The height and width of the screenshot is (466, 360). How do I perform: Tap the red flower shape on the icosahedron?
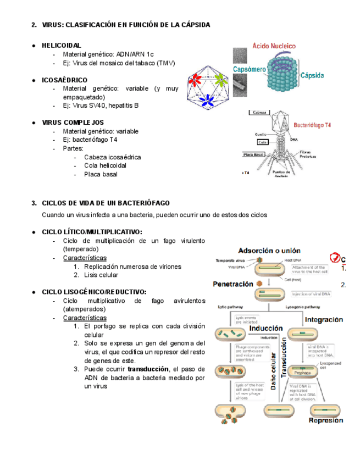195,80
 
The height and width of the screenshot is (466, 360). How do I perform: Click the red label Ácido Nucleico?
274,47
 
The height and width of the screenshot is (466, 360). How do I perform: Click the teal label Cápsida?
312,75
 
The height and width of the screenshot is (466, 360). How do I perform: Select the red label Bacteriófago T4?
312,125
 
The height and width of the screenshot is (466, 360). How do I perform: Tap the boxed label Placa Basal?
257,154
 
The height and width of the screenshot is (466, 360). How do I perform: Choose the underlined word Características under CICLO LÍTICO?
85,258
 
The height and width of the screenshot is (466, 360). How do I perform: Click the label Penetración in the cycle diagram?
233,284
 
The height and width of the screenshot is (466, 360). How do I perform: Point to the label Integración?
324,319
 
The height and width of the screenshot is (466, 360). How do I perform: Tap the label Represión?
325,420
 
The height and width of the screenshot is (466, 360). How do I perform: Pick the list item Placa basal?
101,175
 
